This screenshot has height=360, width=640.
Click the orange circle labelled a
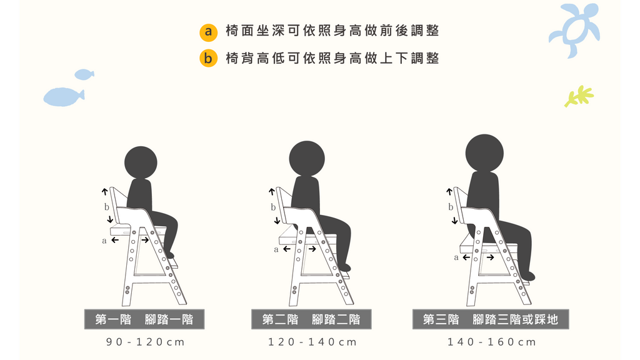tap(208, 31)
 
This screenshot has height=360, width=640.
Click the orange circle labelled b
tap(208, 58)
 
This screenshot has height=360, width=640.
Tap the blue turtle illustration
tap(575, 29)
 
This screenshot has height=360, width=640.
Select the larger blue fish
tap(64, 97)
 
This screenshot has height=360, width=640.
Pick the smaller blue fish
tap(84, 74)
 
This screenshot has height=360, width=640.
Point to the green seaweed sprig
tap(579, 96)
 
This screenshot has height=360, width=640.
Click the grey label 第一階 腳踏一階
tap(144, 319)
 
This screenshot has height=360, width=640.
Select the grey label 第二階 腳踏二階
tap(311, 319)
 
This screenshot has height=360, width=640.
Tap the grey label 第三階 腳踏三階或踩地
tap(491, 319)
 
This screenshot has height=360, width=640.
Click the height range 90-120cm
tap(145, 342)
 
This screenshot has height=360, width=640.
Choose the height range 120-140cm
tap(312, 342)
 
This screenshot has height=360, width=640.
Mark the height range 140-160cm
tap(491, 342)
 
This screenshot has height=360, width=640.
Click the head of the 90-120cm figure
tap(141, 162)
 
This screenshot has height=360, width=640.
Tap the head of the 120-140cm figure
tap(307, 159)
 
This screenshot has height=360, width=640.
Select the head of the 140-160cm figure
tap(484, 153)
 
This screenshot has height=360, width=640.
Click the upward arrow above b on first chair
tap(105, 191)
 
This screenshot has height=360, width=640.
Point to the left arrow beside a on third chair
tap(466, 257)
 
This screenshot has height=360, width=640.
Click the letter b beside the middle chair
tap(273, 207)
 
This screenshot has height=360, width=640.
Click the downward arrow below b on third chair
tap(455, 221)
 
